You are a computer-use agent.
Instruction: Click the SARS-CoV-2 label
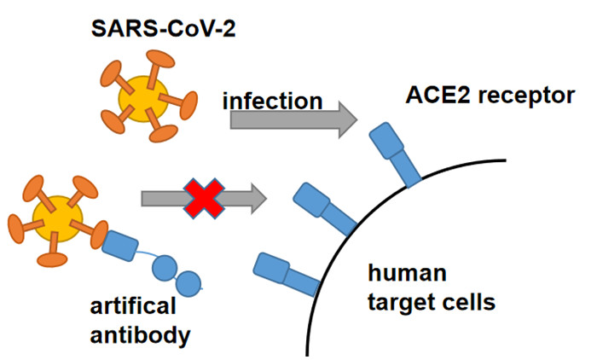(164, 28)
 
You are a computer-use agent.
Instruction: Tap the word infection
(273, 101)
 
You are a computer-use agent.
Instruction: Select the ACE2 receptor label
(490, 96)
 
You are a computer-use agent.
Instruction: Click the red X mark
(204, 199)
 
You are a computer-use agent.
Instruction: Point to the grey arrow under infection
(293, 120)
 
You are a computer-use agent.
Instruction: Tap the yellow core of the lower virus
(57, 218)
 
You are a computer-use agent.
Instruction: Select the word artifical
(133, 306)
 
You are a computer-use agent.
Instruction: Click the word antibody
(140, 335)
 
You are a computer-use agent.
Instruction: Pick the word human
(407, 273)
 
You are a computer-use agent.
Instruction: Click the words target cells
(432, 302)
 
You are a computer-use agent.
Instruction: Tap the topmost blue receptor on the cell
(395, 154)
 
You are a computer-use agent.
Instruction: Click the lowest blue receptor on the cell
(286, 274)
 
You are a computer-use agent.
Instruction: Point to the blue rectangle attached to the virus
(120, 246)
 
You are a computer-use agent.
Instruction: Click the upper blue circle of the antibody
(165, 268)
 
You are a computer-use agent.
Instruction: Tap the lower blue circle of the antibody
(188, 283)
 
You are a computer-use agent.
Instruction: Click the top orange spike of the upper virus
(156, 67)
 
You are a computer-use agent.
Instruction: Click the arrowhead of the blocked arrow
(258, 199)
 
